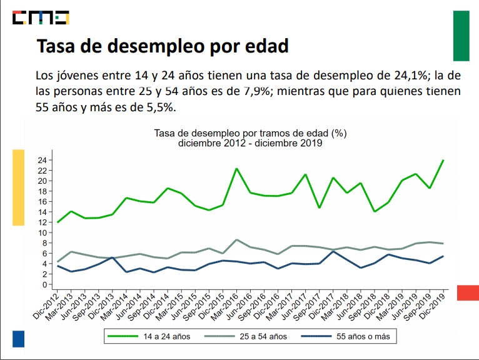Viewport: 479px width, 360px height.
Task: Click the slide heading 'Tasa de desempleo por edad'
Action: pos(163,47)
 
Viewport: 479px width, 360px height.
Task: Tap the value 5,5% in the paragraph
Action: pos(160,107)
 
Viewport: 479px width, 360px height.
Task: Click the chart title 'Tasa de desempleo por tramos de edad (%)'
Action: pos(250,133)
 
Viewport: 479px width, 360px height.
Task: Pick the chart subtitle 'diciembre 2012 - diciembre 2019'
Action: pos(250,142)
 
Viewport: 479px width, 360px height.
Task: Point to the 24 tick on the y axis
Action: pos(41,160)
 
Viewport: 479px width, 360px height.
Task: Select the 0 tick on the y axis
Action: pos(44,284)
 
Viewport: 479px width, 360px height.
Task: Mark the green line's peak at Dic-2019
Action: pos(443,160)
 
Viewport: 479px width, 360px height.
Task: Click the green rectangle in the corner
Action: pos(461,36)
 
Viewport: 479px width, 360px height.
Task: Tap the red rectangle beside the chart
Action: pos(468,292)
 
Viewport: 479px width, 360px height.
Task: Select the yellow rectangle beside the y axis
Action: pos(19,187)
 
